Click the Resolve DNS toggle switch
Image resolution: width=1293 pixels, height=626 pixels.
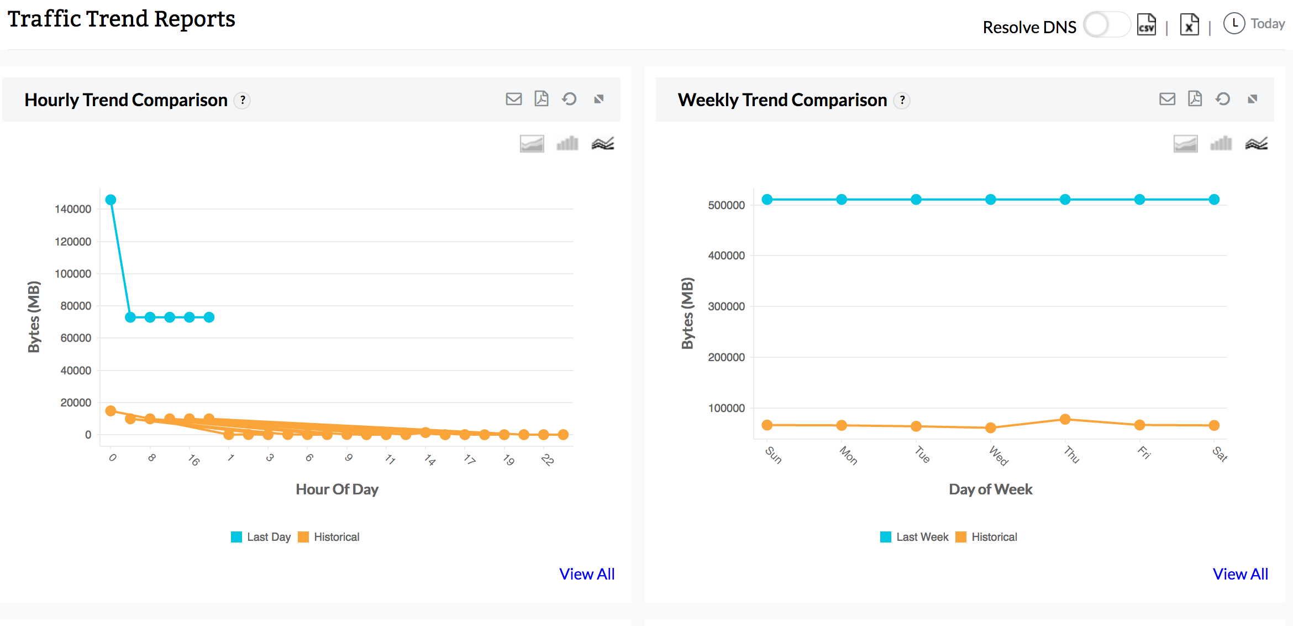pos(1106,25)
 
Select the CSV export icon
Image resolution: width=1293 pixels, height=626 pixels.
pos(1147,25)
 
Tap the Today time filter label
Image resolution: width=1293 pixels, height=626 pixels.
pos(1267,24)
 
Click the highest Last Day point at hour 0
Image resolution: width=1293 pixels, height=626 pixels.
pos(111,200)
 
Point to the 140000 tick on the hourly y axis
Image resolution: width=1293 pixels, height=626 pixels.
pos(73,209)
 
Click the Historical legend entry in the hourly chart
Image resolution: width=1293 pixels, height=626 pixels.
pos(329,537)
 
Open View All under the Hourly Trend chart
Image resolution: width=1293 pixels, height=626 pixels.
pos(587,574)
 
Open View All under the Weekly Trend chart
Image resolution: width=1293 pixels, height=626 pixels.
pos(1241,574)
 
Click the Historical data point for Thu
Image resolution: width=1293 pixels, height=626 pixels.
pos(1065,419)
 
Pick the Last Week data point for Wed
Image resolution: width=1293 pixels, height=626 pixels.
pos(991,200)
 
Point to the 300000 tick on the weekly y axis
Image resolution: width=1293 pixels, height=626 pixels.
pos(726,306)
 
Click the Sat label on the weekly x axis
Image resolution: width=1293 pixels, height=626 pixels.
pos(1220,454)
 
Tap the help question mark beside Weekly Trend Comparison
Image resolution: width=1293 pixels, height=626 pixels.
pos(902,100)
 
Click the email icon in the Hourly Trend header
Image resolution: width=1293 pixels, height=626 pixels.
pos(514,99)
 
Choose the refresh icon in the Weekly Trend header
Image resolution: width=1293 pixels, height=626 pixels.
pos(1223,99)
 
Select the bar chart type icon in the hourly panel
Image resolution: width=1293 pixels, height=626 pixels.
pos(567,144)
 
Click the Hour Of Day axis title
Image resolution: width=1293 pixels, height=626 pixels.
pos(337,489)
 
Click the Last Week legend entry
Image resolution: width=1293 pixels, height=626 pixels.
pos(914,537)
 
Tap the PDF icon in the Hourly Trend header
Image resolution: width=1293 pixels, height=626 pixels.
pos(542,98)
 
